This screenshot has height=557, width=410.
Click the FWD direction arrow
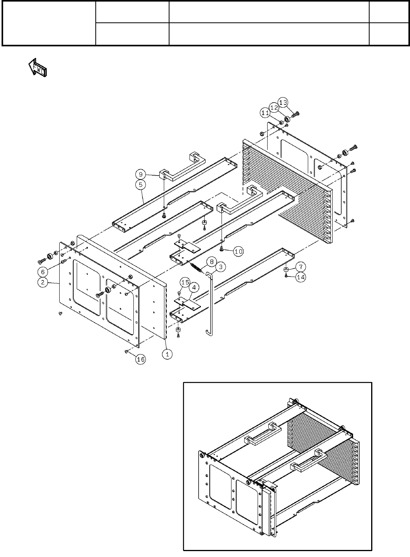point(37,68)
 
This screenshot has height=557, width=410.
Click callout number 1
point(168,353)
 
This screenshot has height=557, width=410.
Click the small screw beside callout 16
point(126,352)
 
